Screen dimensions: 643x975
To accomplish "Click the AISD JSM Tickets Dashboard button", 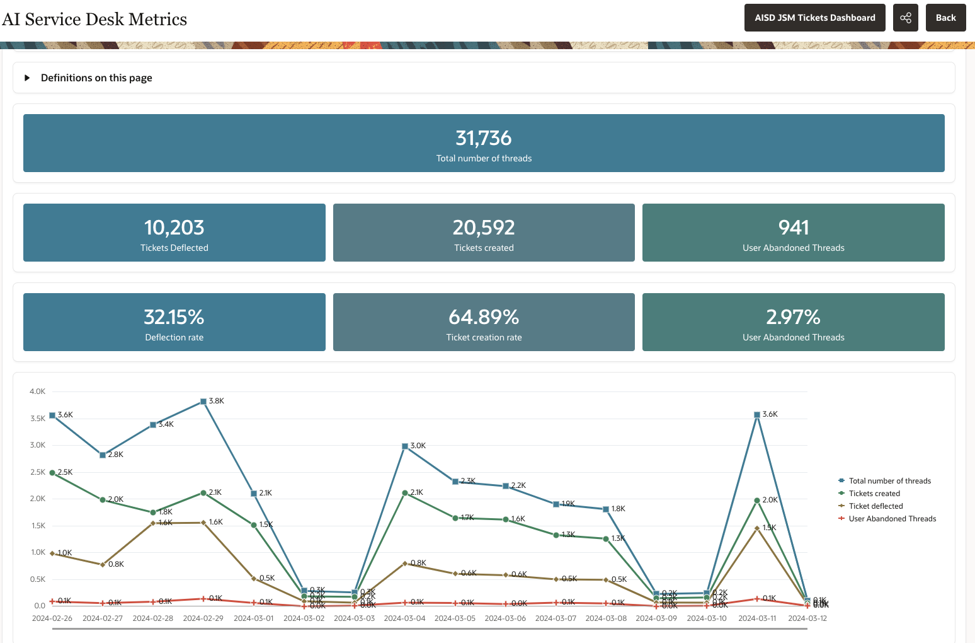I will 814,18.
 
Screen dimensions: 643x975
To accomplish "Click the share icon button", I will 905,18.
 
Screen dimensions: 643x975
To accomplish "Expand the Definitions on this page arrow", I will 27,78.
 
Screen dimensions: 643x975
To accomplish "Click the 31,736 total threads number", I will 483,138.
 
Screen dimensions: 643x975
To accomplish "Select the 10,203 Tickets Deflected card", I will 174,233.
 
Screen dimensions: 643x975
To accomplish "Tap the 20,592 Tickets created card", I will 484,233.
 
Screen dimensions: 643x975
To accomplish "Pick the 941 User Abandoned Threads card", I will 793,233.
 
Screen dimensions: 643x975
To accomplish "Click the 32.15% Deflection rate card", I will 174,322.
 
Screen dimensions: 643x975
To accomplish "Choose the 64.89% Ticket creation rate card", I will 484,322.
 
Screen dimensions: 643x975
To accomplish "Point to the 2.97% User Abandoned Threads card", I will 793,322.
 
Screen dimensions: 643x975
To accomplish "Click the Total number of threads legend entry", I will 889,481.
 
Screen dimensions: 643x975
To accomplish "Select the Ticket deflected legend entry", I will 875,506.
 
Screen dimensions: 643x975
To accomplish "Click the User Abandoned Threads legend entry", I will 892,519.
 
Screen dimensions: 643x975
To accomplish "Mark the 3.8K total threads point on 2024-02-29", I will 203,402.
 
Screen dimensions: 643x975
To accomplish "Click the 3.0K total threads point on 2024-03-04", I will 405,446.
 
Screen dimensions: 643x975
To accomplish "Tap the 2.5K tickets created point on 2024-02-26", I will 52,473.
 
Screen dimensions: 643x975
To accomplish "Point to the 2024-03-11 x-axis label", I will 757,618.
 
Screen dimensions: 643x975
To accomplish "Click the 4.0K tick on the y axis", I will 37,391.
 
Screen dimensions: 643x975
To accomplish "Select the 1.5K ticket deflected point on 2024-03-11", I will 757,528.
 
